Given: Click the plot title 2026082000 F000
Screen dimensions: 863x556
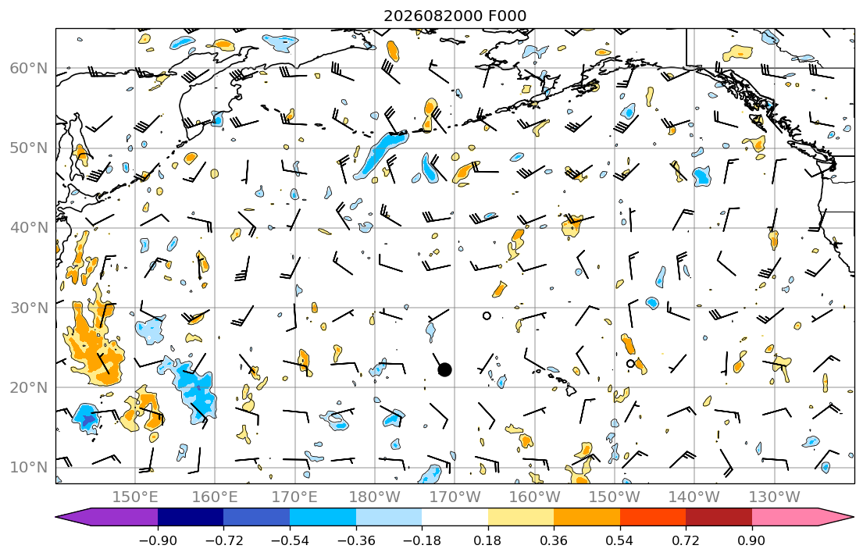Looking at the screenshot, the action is [x=455, y=16].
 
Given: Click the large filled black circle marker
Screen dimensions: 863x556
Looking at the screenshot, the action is [x=444, y=370].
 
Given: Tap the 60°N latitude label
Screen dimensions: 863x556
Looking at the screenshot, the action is [x=29, y=68].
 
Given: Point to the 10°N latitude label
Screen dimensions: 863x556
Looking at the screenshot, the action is [x=29, y=468].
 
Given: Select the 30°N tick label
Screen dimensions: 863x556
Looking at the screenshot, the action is [x=29, y=308].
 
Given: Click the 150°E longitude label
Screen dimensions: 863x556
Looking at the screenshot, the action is [x=135, y=497].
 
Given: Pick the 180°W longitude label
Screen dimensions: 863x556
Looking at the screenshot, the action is [x=375, y=497].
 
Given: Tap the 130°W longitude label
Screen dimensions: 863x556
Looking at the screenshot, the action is [x=775, y=497].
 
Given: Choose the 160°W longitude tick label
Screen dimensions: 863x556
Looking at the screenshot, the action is [x=534, y=497].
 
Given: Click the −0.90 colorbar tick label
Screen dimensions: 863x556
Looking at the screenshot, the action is [x=158, y=540].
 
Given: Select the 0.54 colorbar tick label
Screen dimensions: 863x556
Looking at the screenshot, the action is [x=620, y=540].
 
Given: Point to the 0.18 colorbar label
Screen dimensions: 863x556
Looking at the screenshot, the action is [x=487, y=540].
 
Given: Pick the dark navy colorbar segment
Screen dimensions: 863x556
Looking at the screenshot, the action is [x=191, y=517].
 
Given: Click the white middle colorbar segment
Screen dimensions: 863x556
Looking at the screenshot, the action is [x=455, y=517].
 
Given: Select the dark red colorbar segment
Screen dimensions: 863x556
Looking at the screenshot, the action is [x=719, y=517].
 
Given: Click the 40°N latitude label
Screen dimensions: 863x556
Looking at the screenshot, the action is [x=29, y=228].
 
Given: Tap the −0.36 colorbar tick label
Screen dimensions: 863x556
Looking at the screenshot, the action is [x=355, y=540].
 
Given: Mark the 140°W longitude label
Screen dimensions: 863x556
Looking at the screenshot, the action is [x=694, y=497].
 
